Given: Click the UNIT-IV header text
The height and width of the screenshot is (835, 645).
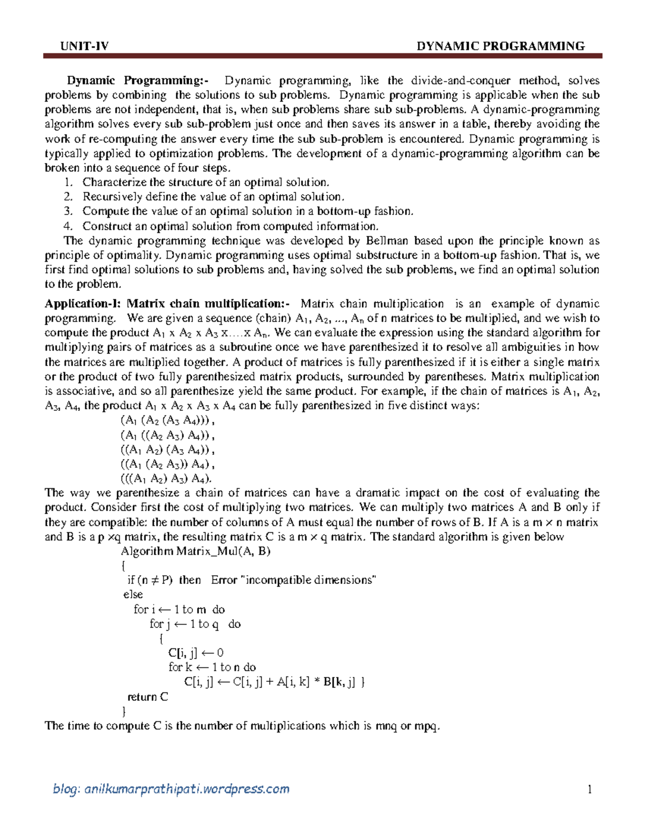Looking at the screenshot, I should pos(84,46).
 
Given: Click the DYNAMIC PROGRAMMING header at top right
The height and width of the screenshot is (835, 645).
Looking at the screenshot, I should pos(501,46).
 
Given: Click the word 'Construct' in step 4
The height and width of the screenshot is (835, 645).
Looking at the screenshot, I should pos(105,226).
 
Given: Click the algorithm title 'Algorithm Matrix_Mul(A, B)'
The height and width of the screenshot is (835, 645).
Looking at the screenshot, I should pos(196,551).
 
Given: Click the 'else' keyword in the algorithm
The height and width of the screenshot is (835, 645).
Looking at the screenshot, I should pos(133,595).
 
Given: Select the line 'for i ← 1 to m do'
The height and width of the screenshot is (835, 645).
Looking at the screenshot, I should pos(179,610).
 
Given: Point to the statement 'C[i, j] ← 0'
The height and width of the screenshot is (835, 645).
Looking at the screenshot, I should pos(196,653).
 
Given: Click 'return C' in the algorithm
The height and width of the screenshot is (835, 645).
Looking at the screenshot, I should pos(148,697).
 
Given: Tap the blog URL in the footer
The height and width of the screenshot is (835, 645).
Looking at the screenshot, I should pos(171,789).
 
